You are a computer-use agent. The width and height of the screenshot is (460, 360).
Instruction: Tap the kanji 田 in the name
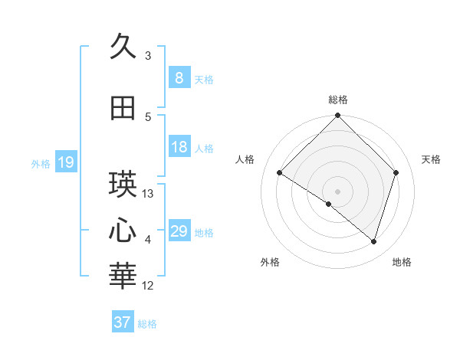(x=123, y=109)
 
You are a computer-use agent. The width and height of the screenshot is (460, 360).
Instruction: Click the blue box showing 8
(x=179, y=78)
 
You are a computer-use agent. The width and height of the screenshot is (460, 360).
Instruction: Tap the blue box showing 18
(x=179, y=147)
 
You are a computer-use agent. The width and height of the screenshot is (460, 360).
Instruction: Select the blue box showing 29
(x=179, y=231)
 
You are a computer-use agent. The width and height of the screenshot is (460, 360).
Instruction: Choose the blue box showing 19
(x=66, y=162)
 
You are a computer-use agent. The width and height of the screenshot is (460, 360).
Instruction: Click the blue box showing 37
(x=122, y=322)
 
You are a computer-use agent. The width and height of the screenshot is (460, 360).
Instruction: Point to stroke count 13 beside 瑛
(x=148, y=194)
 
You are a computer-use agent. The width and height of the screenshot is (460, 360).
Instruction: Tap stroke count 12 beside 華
(x=148, y=286)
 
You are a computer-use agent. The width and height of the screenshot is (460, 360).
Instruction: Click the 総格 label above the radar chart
(x=338, y=100)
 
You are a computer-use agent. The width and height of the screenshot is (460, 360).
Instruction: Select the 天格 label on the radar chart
(x=432, y=159)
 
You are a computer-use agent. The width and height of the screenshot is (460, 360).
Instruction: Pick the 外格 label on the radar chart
(x=270, y=262)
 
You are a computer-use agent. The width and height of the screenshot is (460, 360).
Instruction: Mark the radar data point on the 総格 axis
(x=338, y=116)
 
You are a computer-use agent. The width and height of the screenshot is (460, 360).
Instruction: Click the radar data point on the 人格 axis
(x=280, y=173)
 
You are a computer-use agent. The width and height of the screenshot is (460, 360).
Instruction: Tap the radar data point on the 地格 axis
(x=374, y=242)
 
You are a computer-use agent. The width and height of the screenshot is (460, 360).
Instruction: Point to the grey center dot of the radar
(x=338, y=191)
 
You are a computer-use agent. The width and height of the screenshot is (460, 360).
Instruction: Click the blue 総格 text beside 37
(x=147, y=324)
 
